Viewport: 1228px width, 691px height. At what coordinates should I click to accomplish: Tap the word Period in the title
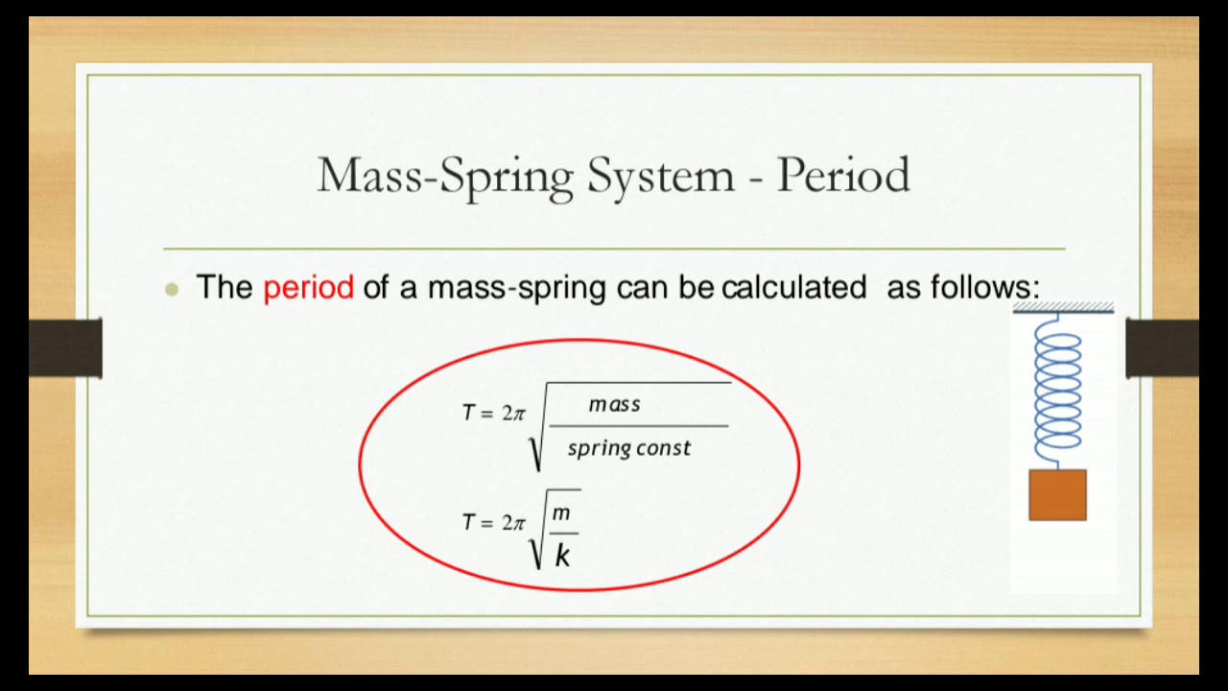click(x=842, y=175)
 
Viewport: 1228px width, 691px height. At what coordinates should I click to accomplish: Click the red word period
click(x=308, y=288)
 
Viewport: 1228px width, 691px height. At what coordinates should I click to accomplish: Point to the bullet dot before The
click(x=173, y=289)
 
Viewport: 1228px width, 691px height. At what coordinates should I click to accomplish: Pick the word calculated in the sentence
click(x=793, y=288)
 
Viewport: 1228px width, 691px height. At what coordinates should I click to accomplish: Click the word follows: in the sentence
click(x=963, y=288)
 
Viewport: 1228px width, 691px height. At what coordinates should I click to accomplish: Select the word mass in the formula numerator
click(x=614, y=404)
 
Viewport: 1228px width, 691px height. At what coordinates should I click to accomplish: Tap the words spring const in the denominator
click(x=628, y=448)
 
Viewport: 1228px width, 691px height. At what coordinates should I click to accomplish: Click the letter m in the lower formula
click(x=561, y=515)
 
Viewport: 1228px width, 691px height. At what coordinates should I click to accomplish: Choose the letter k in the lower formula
click(x=562, y=555)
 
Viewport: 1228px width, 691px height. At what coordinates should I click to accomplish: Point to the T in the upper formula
click(x=468, y=413)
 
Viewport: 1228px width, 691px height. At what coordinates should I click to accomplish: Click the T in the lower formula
click(x=468, y=522)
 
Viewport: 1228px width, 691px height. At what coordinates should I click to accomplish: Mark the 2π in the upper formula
click(x=513, y=413)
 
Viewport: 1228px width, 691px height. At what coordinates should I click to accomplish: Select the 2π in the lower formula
click(x=513, y=522)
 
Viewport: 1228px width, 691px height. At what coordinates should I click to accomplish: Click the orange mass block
click(x=1057, y=495)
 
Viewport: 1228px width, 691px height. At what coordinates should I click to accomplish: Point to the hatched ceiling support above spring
click(x=1063, y=308)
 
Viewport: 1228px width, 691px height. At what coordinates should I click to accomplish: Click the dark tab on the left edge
click(x=65, y=347)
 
